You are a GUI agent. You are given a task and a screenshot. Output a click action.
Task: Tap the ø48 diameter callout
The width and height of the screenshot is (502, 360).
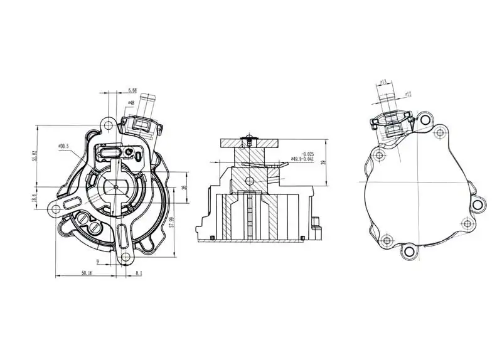131,102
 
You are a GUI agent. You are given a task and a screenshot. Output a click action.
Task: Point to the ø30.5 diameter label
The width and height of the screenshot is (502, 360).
64,146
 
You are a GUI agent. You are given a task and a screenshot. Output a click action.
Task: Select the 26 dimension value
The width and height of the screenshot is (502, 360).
184,188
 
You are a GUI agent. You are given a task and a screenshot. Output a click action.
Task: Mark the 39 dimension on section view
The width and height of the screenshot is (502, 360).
323,162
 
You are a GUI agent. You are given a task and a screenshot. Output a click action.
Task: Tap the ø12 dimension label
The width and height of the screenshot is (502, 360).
407,94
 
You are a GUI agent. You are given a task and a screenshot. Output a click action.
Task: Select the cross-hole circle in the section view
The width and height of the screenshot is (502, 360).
250,181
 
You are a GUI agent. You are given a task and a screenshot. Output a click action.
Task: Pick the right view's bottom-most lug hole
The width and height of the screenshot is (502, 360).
409,251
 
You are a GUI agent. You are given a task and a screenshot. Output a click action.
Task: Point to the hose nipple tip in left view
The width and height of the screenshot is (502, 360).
149,98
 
